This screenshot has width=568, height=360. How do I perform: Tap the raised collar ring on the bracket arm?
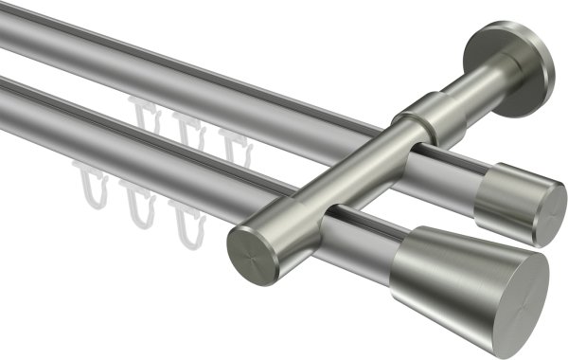417,117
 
